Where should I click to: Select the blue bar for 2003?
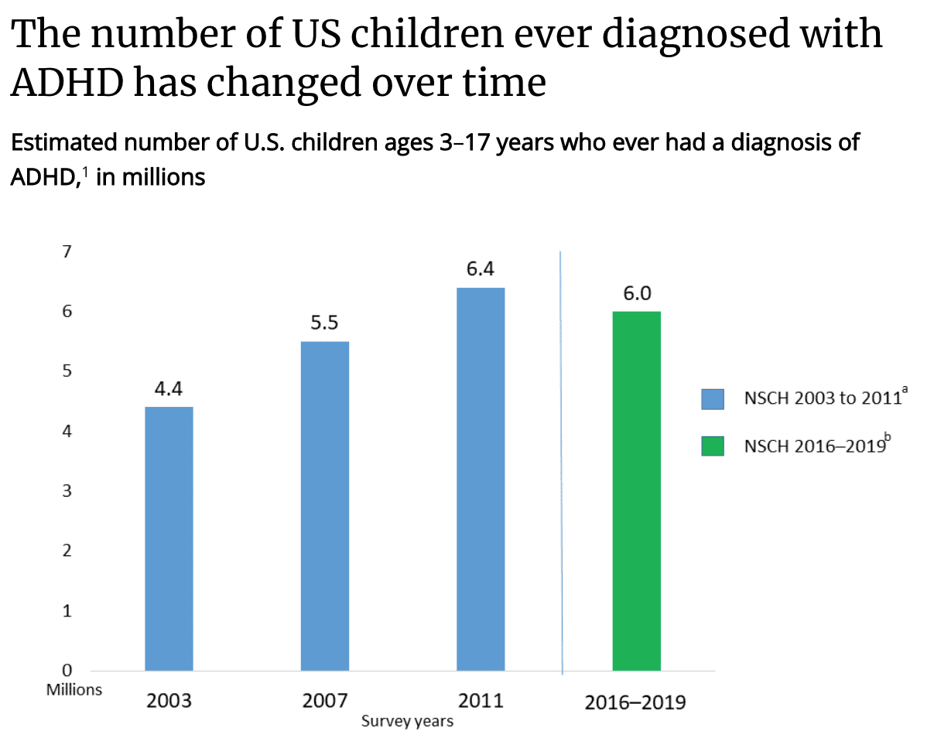tap(169, 538)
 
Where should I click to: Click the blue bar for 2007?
tap(324, 505)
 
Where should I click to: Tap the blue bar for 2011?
tap(481, 478)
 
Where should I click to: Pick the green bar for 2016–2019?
tap(636, 490)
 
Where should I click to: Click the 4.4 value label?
tap(169, 389)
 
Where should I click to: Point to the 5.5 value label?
tap(324, 323)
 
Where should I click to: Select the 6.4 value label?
tap(481, 269)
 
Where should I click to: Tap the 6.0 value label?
tap(637, 293)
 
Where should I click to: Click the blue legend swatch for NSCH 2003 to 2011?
tap(712, 398)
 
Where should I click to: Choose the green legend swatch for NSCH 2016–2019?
tap(712, 446)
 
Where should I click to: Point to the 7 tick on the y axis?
tap(67, 251)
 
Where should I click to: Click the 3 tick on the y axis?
tap(67, 490)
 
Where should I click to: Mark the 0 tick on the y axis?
tap(67, 670)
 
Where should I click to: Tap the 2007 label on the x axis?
tap(324, 702)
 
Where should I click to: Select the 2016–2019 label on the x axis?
tap(635, 703)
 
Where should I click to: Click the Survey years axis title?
tap(407, 722)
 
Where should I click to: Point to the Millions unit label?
tap(74, 689)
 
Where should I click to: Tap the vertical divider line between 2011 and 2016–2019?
tap(561, 464)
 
